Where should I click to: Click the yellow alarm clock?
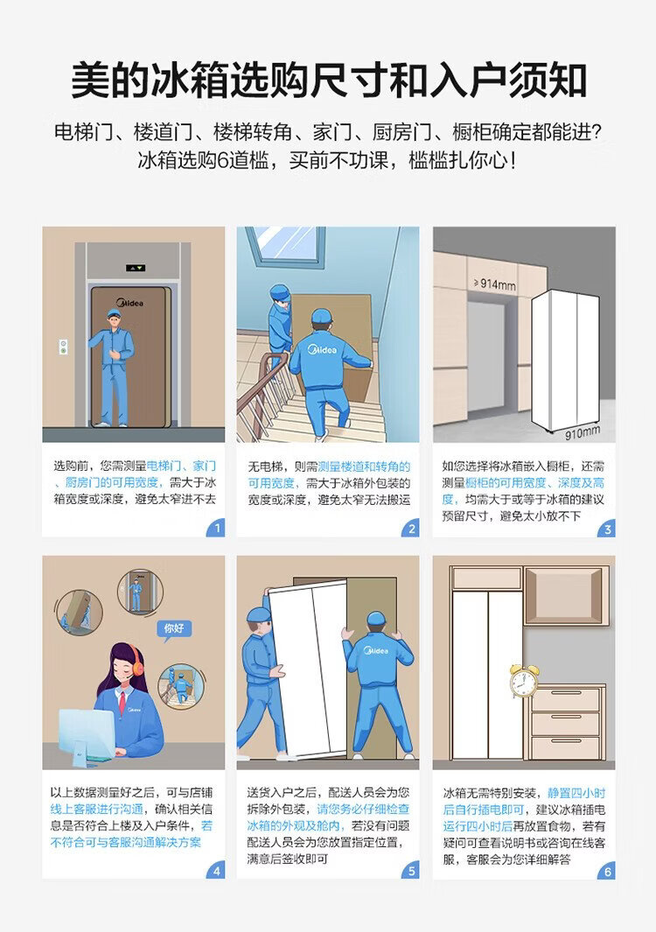tap(524, 681)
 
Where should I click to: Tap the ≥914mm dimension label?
tap(494, 284)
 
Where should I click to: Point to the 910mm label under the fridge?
tap(582, 432)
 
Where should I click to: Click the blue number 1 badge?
tap(216, 527)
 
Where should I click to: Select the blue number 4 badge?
tap(216, 870)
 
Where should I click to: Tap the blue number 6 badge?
tap(606, 871)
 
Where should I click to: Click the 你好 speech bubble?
tap(174, 629)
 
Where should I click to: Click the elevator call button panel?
tap(62, 347)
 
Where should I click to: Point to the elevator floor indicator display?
tap(136, 268)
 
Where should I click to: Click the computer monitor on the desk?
tap(87, 733)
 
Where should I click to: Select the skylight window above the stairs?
tap(283, 245)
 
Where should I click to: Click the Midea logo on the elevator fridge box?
tap(129, 303)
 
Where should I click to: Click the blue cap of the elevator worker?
tap(114, 313)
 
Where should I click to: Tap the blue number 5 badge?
tap(410, 870)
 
